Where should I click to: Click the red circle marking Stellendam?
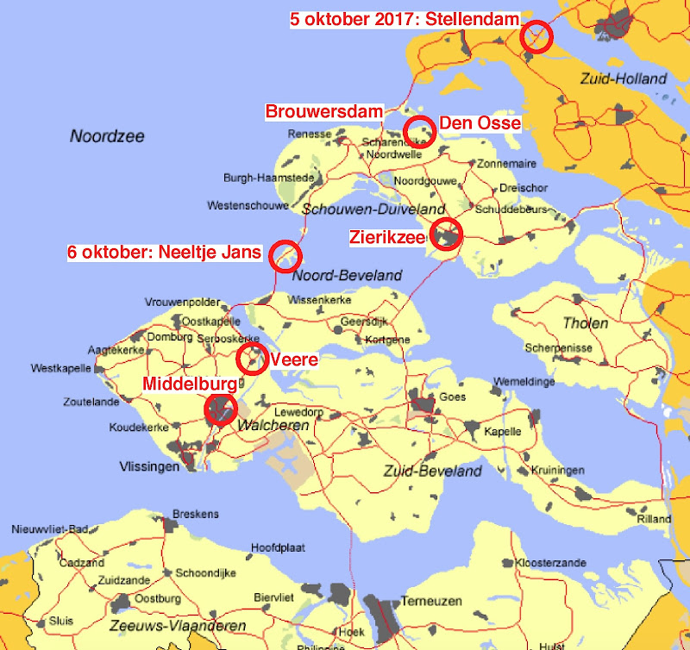coord(536,37)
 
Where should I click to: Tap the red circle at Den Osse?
coord(419,130)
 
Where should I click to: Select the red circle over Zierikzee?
coord(447,234)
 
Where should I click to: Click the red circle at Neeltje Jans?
coord(285,255)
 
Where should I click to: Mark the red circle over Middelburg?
coord(222,409)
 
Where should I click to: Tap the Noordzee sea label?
coord(108,136)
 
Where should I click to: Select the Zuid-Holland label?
coord(624,78)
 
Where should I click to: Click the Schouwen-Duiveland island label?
coord(373,209)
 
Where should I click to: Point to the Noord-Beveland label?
coord(347,275)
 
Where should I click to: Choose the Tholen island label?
coord(585,323)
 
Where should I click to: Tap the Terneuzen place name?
coord(431,601)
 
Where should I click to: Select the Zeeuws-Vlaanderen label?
coord(178,626)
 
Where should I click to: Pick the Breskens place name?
coord(196,514)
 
